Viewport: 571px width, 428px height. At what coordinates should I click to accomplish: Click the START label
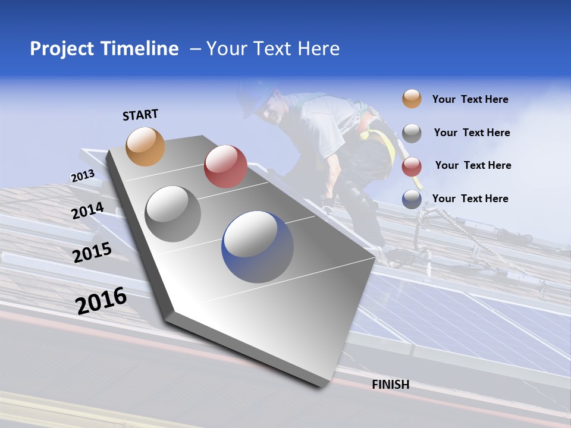(x=140, y=115)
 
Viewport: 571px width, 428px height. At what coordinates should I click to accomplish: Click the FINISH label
(x=391, y=385)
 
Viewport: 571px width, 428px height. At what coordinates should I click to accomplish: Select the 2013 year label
(x=83, y=176)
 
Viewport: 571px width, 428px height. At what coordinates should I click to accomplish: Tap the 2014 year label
(x=88, y=211)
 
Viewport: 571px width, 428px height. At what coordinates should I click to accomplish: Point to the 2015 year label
(x=92, y=253)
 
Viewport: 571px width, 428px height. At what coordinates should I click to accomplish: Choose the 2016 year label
(x=101, y=301)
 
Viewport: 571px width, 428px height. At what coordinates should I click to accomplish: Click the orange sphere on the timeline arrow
(x=146, y=146)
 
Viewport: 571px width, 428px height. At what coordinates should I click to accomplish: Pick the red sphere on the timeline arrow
(x=225, y=166)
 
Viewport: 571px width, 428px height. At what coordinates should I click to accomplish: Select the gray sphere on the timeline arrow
(x=173, y=213)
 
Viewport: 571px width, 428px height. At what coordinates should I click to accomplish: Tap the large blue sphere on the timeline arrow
(x=258, y=246)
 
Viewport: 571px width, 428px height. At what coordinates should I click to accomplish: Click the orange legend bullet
(x=412, y=99)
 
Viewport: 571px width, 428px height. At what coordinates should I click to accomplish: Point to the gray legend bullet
(x=412, y=133)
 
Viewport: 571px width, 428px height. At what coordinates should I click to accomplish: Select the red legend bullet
(x=412, y=166)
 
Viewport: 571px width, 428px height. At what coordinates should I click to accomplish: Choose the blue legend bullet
(x=412, y=199)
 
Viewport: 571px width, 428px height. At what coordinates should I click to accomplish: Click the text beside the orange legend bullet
(x=470, y=100)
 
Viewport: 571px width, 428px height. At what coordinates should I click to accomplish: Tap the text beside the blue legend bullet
(x=470, y=199)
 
